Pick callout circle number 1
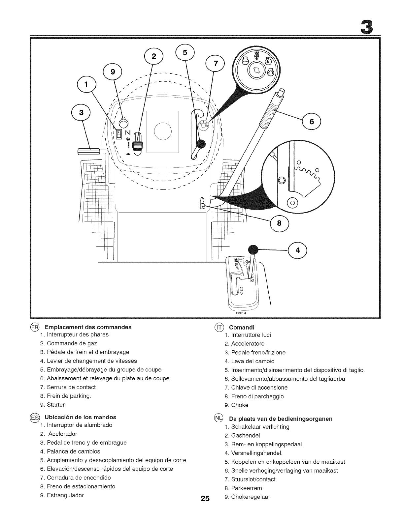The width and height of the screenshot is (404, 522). [86, 85]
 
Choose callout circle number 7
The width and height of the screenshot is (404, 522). [215, 64]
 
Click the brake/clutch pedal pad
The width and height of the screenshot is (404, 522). [88, 151]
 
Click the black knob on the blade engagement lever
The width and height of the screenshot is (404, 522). [200, 144]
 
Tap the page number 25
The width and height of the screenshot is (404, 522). [205, 499]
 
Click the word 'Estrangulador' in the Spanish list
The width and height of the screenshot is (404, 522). [65, 495]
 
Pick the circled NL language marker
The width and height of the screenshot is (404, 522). [219, 418]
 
